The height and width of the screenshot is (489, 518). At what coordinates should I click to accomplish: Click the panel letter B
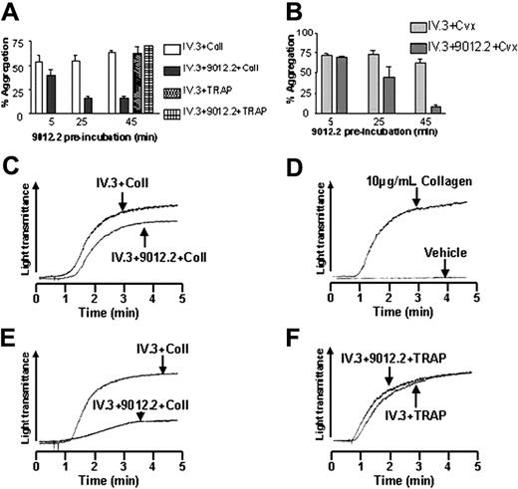pyautogui.click(x=272, y=10)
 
